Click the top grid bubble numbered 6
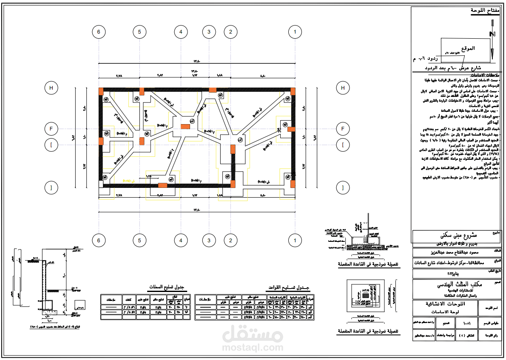[x=99, y=31]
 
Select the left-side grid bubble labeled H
[x=51, y=88]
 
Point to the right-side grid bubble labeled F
[x=343, y=128]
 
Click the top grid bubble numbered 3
[x=209, y=31]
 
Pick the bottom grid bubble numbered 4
[x=181, y=241]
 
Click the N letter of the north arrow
[x=492, y=34]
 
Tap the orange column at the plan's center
[x=185, y=126]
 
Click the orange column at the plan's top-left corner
[x=101, y=91]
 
